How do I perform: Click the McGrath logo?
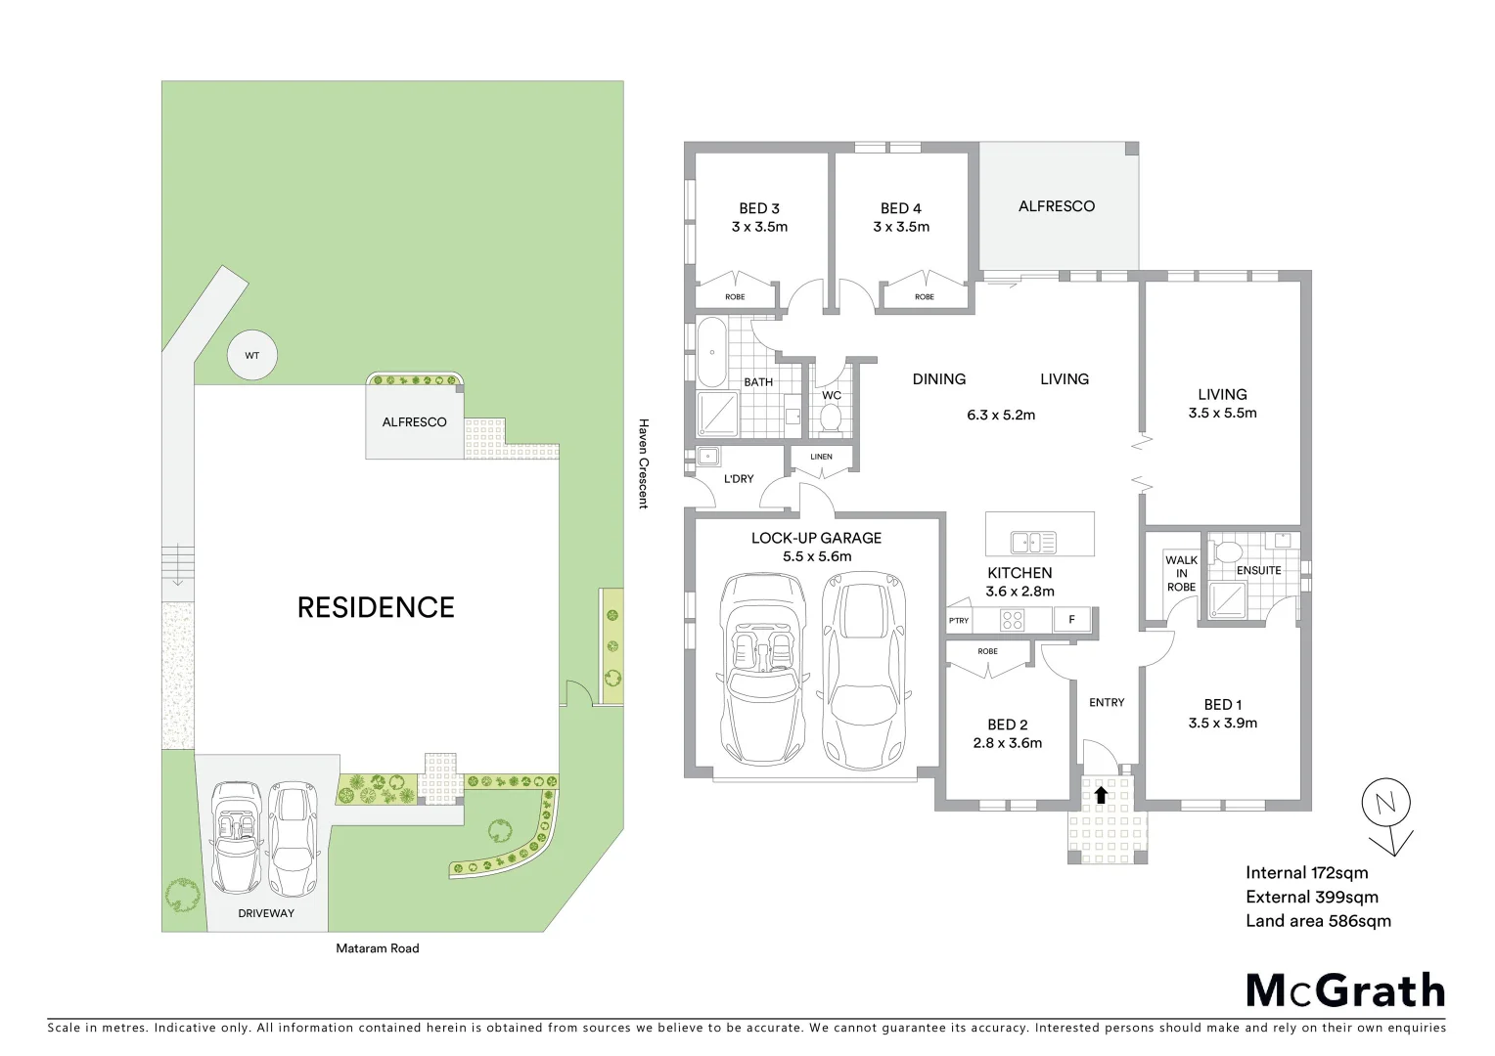[x=1345, y=990]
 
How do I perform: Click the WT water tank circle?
[x=251, y=356]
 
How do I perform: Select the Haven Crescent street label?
[x=643, y=463]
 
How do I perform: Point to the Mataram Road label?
[x=377, y=948]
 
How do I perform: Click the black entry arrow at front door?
[x=1101, y=794]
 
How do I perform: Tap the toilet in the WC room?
[x=831, y=418]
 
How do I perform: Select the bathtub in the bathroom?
[x=710, y=351]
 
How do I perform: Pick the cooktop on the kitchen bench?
[x=1011, y=619]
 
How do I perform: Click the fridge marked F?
[x=1071, y=620]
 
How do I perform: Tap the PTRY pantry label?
[x=959, y=621]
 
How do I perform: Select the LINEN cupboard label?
[x=822, y=457]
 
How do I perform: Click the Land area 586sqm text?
[x=1318, y=921]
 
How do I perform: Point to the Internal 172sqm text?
[x=1306, y=873]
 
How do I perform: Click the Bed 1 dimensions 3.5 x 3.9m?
[x=1222, y=724]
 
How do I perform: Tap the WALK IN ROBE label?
[x=1181, y=574]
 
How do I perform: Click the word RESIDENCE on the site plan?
[x=376, y=607]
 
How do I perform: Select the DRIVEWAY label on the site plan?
[x=266, y=913]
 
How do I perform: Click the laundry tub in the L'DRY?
[x=708, y=457]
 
